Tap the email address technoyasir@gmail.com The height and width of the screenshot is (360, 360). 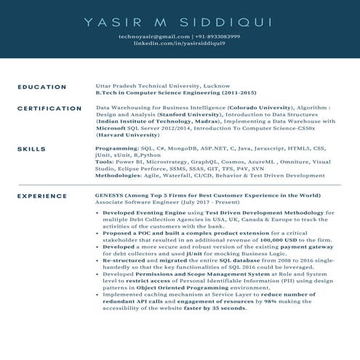pos(150,36)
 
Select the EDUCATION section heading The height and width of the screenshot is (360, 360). pos(42,87)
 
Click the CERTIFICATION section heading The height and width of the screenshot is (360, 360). pos(49,108)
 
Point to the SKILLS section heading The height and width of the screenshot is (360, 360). pos(32,148)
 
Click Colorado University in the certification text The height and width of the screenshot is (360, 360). pos(248,107)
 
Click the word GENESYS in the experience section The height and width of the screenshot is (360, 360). pos(111,196)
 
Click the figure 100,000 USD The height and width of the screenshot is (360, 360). pos(258,239)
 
